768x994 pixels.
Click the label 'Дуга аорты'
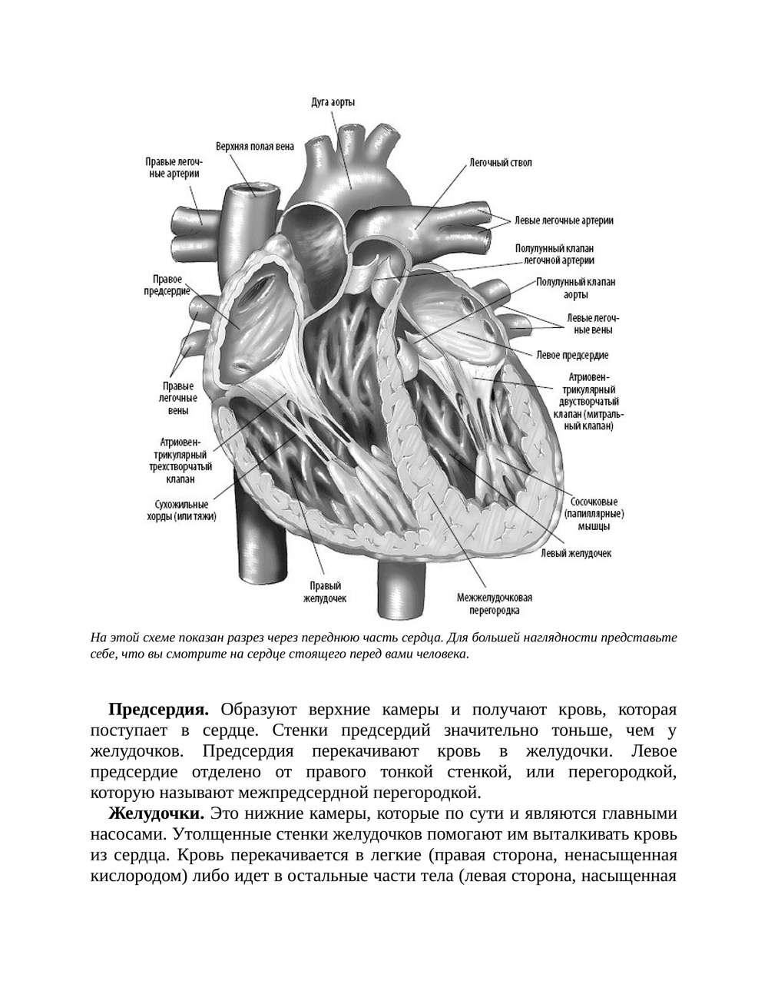pos(333,102)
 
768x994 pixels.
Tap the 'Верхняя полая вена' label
pos(254,146)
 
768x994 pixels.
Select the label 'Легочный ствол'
pos(500,163)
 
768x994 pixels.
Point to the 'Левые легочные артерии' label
pos(564,220)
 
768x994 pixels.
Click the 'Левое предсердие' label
pos(573,355)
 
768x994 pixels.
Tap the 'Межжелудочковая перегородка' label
pos(495,604)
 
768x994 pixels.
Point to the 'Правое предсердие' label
pos(167,285)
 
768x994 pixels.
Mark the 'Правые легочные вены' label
pos(178,399)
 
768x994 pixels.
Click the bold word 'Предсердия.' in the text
pos(159,708)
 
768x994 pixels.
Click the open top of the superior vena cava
pos(252,188)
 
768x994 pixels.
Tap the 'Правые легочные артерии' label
pos(174,167)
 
